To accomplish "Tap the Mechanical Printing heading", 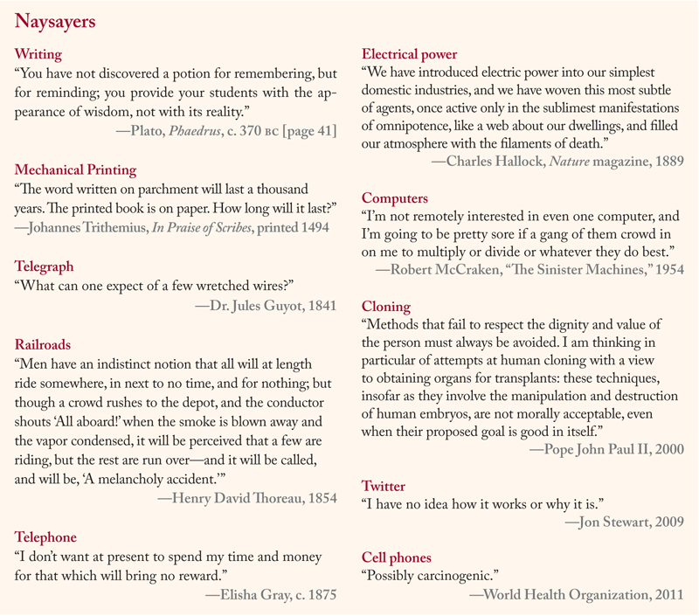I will tap(76, 170).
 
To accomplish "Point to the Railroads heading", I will tap(43, 344).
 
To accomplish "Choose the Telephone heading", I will tap(46, 536).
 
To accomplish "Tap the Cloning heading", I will tap(385, 307).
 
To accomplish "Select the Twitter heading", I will tap(383, 486).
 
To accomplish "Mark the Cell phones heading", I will tap(396, 557).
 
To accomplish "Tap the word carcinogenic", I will tap(454, 577).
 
